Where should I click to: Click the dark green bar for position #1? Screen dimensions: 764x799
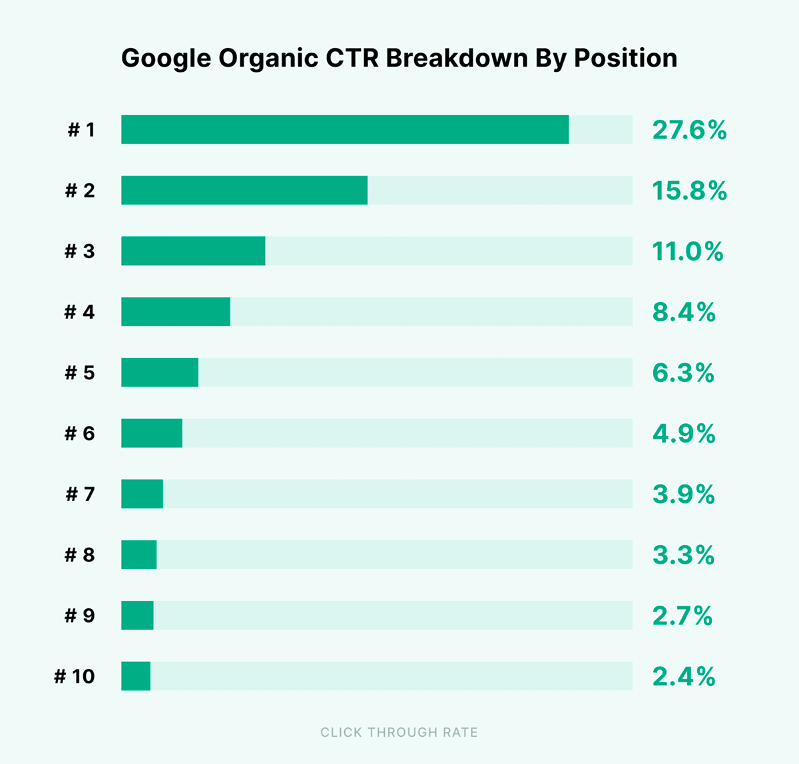[345, 129]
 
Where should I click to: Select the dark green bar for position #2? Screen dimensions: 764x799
[244, 190]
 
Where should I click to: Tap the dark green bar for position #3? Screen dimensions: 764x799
[193, 251]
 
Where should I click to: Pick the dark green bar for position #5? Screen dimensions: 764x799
[160, 372]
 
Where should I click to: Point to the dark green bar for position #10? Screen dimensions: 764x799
[136, 676]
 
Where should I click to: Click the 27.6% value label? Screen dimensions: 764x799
[689, 130]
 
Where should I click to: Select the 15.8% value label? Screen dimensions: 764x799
[689, 191]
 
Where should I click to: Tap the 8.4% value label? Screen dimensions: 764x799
[684, 312]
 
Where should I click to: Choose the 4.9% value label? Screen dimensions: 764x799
[684, 434]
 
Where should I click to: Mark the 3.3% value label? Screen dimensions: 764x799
[683, 555]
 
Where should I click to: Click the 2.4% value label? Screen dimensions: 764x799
[684, 677]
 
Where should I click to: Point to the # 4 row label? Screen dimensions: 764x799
[80, 312]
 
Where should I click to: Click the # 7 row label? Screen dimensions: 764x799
[81, 494]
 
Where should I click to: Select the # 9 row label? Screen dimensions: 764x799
[80, 616]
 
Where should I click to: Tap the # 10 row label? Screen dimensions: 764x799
[75, 677]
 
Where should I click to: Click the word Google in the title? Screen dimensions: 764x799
[166, 59]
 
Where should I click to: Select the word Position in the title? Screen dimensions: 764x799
[625, 58]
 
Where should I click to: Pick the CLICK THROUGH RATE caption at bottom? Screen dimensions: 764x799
[399, 733]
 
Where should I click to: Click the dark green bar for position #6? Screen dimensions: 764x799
[152, 433]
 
